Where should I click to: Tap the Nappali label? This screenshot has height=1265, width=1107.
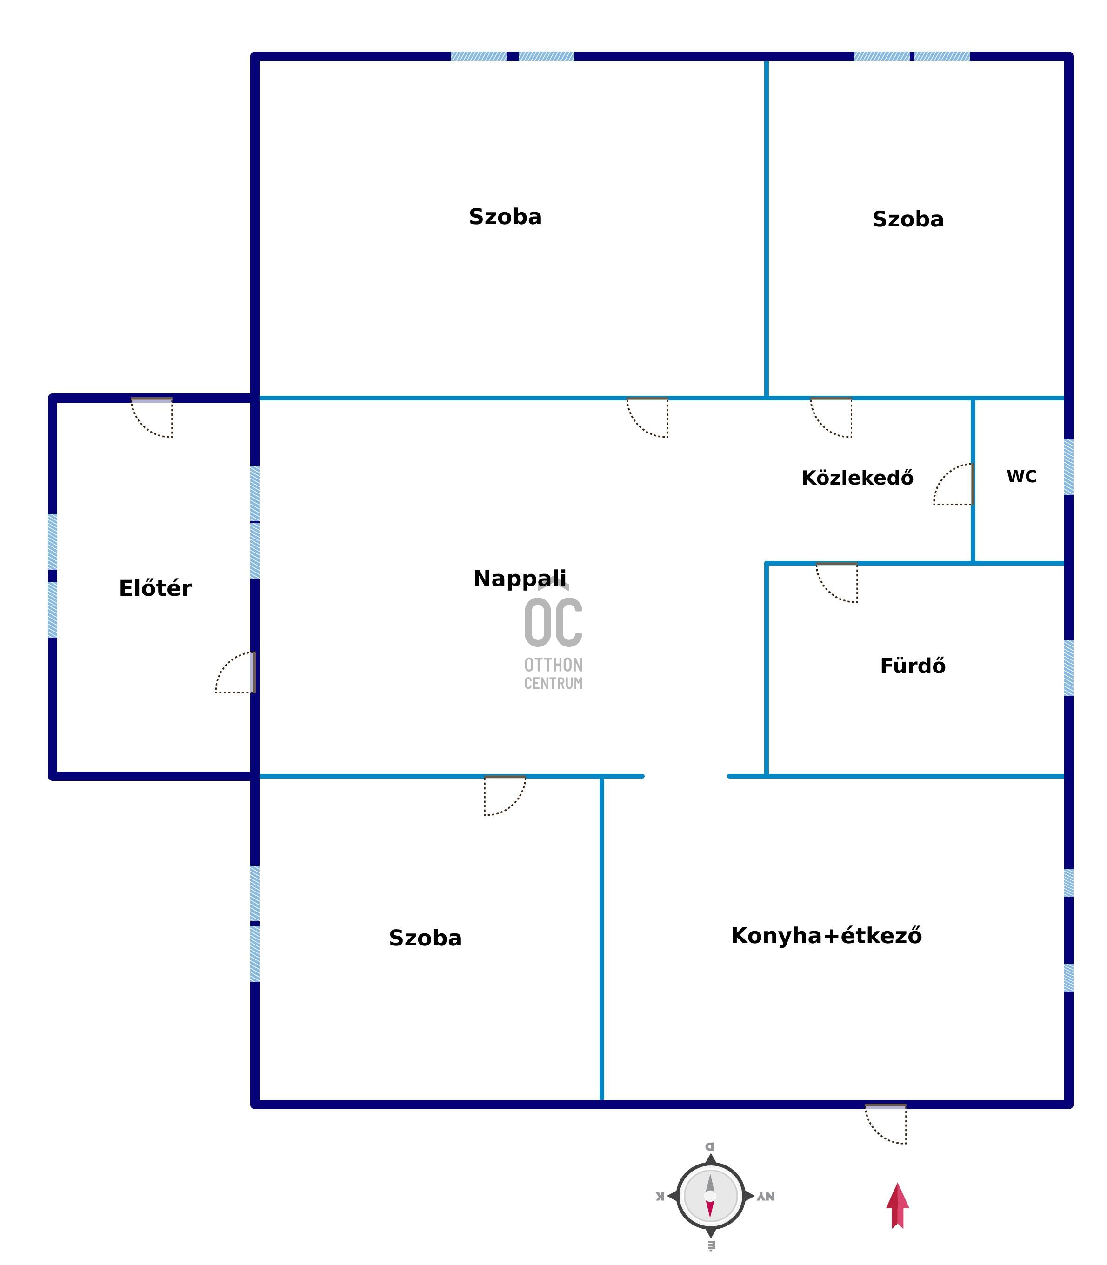(x=520, y=579)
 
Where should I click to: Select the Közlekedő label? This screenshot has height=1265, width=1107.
(x=857, y=478)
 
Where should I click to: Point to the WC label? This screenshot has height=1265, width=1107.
(x=1022, y=476)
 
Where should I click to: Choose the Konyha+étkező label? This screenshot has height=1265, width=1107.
(x=826, y=935)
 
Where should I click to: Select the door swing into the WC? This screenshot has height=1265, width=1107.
(x=953, y=484)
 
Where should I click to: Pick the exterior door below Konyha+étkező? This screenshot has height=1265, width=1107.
(x=885, y=1124)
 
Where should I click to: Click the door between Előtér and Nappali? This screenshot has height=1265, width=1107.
(x=235, y=672)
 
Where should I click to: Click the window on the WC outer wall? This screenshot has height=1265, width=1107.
(x=1069, y=467)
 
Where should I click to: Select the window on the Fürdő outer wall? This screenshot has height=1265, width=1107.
(x=1069, y=668)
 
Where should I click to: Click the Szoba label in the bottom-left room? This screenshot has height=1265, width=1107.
(x=425, y=938)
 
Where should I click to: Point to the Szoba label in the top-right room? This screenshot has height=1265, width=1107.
(x=908, y=219)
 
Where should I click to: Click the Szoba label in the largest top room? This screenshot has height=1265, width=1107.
(x=505, y=217)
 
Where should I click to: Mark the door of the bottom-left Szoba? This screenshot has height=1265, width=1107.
(x=505, y=796)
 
